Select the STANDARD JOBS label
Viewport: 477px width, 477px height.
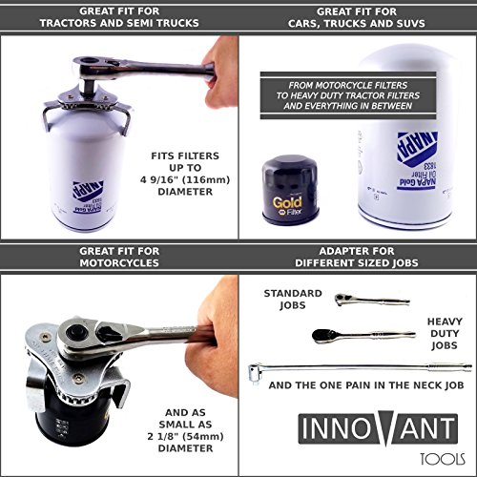pyautogui.click(x=293, y=299)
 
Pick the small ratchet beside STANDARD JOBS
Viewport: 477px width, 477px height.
pyautogui.click(x=359, y=300)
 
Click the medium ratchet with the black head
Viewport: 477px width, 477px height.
pyautogui.click(x=358, y=334)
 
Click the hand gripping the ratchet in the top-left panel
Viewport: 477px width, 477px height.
pyautogui.click(x=220, y=73)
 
